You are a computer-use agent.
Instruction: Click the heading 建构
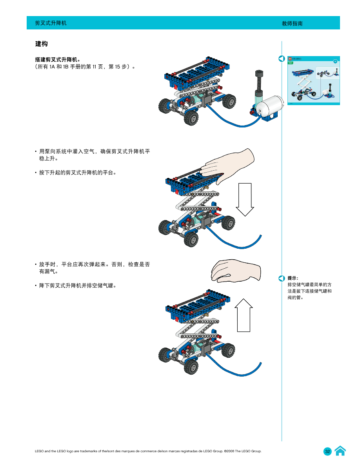point(41,43)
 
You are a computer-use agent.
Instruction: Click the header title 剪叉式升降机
point(51,23)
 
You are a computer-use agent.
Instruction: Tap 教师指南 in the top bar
point(292,24)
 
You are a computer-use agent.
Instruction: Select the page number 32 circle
point(327,451)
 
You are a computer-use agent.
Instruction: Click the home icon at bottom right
point(340,451)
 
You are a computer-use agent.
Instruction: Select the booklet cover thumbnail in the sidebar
point(313,80)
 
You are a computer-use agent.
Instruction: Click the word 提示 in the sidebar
point(293,278)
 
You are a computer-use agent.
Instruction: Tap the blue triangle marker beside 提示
point(282,279)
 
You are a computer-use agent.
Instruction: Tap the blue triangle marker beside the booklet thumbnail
point(282,59)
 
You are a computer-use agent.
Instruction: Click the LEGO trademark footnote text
point(148,451)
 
